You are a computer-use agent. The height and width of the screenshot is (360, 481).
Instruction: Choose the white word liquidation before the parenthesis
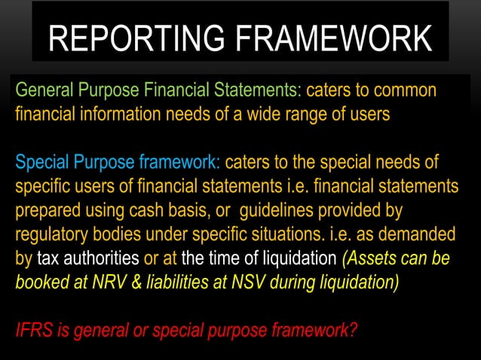coord(299,259)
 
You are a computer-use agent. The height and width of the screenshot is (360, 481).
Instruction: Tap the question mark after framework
coord(353,330)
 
